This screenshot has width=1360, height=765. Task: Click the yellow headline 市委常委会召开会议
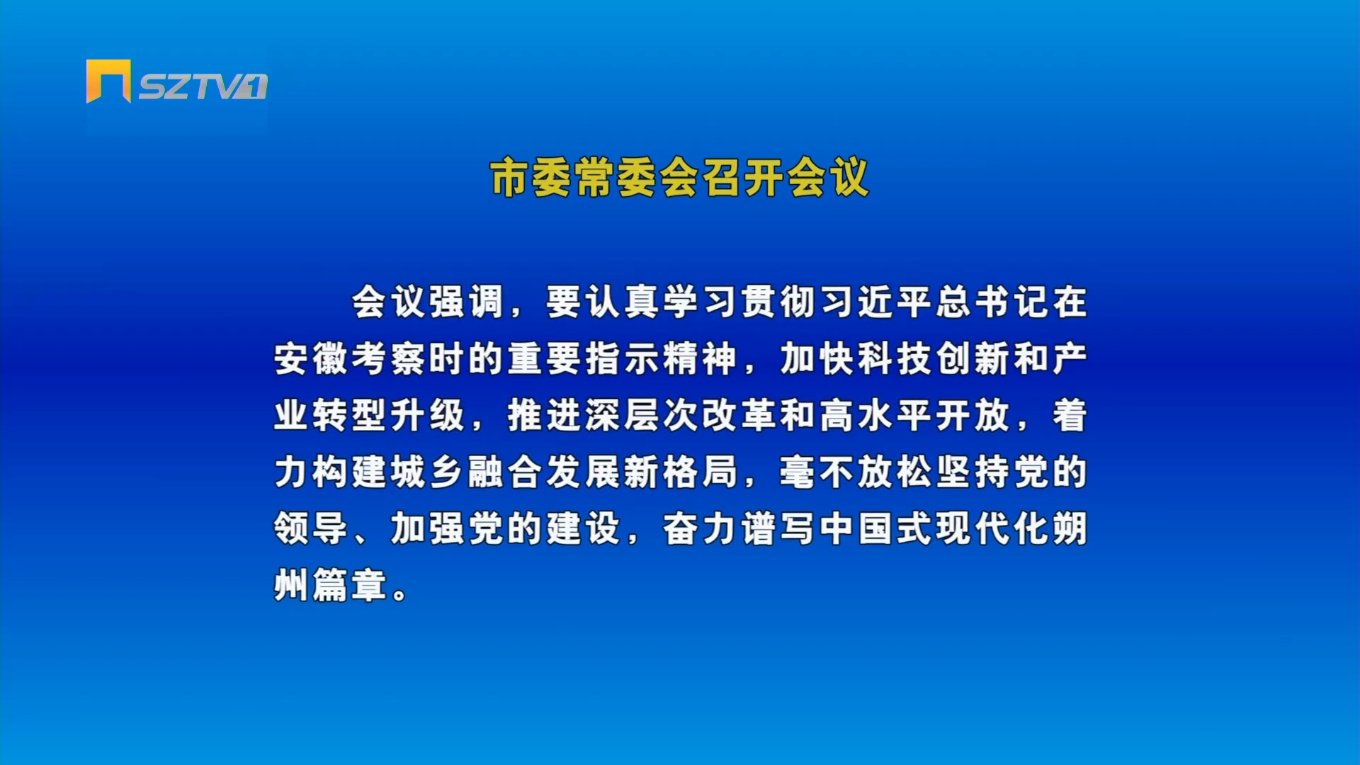[x=679, y=178]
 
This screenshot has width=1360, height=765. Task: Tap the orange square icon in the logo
[x=108, y=81]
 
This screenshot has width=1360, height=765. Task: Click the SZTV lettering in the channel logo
[x=192, y=86]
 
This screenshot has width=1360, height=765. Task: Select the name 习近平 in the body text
[x=878, y=302]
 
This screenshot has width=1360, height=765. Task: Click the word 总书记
[x=994, y=302]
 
